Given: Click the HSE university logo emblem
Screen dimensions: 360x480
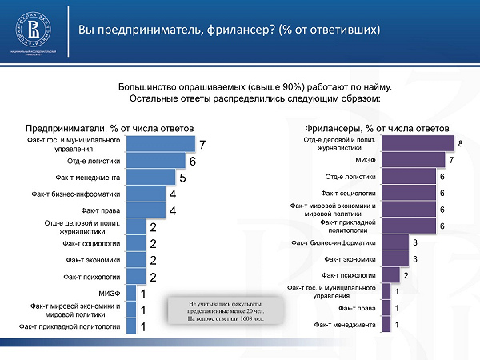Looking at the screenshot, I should coord(34,30).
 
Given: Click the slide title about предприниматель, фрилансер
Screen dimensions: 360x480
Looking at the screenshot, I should coord(229,30).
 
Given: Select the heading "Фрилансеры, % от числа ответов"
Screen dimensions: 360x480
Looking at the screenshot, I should coord(377,129).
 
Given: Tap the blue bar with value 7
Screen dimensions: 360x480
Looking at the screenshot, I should coord(160,144).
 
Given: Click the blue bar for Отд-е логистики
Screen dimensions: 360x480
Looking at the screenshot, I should coord(155,161).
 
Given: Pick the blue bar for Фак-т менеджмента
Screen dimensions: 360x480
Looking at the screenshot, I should coord(150,178).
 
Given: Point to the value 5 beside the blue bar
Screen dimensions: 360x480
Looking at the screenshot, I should coord(182,178).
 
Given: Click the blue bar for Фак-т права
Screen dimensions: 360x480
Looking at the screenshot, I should coord(145,210).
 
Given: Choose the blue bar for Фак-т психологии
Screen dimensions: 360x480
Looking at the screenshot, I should coord(135,277).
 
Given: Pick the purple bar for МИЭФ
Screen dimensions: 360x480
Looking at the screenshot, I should coord(414,161).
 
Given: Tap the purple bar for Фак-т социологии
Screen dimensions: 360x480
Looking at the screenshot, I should coord(408,193).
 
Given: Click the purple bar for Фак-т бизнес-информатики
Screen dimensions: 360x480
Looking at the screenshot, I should coord(395,242).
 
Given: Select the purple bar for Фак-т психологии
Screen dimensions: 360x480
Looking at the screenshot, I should coord(390,276).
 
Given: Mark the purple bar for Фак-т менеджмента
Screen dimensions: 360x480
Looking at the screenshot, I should coord(386,325).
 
